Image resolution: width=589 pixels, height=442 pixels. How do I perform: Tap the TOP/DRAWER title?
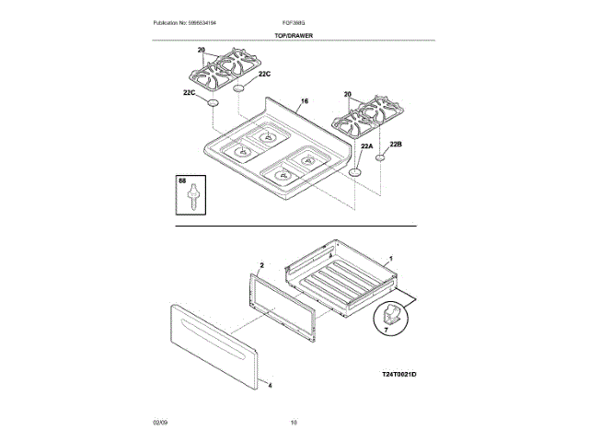294,34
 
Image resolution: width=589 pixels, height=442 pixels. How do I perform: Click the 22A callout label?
366,146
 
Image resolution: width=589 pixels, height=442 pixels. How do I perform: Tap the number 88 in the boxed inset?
182,183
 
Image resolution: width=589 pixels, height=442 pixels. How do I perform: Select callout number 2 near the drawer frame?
261,264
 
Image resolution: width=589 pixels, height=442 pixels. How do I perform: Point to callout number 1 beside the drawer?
390,260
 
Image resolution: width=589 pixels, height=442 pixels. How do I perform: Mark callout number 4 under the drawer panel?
270,386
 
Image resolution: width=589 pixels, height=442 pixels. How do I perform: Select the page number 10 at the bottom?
294,423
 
